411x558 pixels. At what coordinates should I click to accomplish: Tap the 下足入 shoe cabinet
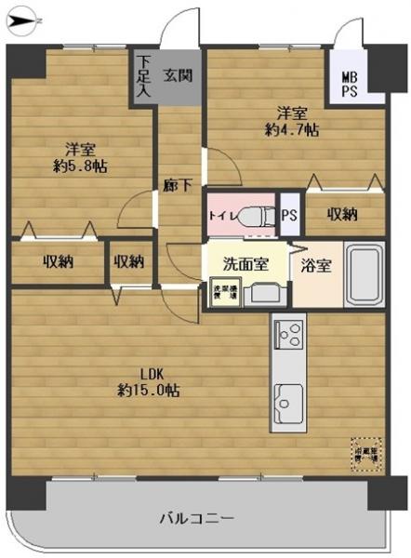(x=144, y=76)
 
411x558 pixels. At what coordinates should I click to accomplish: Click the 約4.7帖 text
(x=292, y=131)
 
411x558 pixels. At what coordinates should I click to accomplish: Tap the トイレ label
(x=221, y=216)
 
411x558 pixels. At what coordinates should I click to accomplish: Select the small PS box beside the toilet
(x=289, y=214)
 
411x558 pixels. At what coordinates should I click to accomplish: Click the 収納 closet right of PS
(x=341, y=214)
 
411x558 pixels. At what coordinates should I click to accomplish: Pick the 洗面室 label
(x=245, y=263)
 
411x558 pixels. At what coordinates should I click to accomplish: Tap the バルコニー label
(x=194, y=517)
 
